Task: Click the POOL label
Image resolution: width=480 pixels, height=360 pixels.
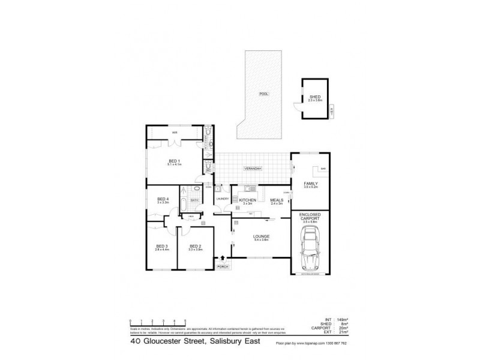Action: pyautogui.click(x=263, y=94)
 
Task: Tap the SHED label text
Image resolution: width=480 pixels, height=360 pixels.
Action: pyautogui.click(x=314, y=97)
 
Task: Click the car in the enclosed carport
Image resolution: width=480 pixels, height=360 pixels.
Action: pyautogui.click(x=311, y=252)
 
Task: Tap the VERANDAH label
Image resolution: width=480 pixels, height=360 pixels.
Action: pyautogui.click(x=253, y=169)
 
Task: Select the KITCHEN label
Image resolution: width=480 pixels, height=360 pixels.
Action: pyautogui.click(x=248, y=200)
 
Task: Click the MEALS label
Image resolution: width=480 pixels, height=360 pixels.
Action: pyautogui.click(x=277, y=200)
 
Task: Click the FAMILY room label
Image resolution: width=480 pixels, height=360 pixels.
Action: pyautogui.click(x=311, y=184)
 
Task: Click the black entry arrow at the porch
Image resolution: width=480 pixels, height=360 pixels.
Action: pyautogui.click(x=223, y=258)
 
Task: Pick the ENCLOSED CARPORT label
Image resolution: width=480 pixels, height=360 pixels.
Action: pyautogui.click(x=311, y=217)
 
